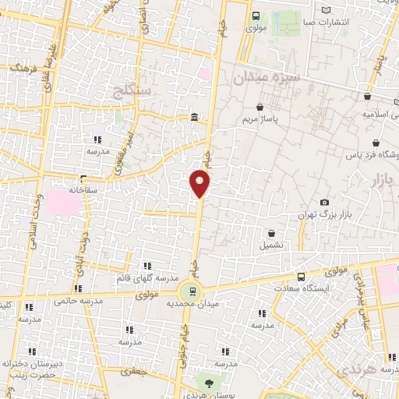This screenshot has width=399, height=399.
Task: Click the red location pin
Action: pyautogui.click(x=200, y=184)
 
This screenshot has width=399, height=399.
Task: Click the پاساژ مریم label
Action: pyautogui.click(x=280, y=121)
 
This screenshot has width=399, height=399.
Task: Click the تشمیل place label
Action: pyautogui.click(x=271, y=245)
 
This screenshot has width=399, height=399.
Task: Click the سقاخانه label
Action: pyautogui.click(x=83, y=189)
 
